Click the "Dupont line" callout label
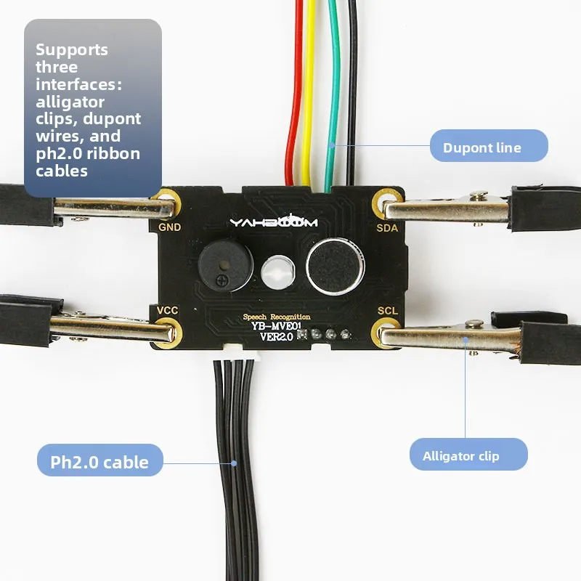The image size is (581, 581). coord(482,147)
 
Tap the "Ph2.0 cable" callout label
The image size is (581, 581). coord(99,462)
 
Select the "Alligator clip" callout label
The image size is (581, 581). coord(460,456)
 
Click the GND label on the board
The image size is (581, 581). coord(169,227)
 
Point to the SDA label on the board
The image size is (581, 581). coord(387,227)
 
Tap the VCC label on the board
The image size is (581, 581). coord(168,310)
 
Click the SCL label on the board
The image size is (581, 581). coord(388,310)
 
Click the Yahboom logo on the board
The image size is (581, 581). coord(274,222)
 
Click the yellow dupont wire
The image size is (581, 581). coord(310,94)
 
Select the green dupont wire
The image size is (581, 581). coord(333,94)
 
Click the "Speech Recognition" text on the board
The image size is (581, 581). coord(277,317)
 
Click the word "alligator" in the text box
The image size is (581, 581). coord(70,102)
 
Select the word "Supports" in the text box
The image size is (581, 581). coord(72,50)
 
